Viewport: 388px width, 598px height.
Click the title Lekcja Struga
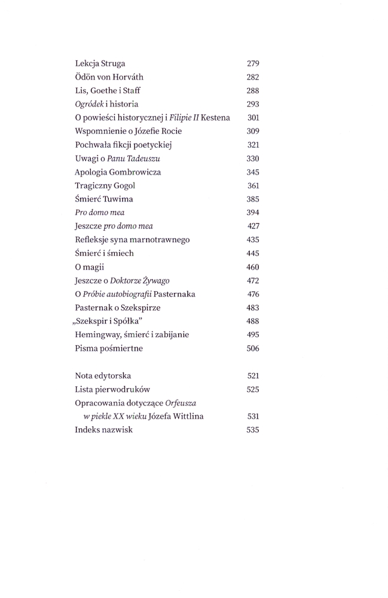(x=100, y=63)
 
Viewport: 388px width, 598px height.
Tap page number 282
(x=252, y=77)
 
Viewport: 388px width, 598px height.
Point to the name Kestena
(x=215, y=118)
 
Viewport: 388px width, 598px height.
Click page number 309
(x=252, y=131)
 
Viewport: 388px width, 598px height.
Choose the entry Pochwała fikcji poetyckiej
(x=123, y=145)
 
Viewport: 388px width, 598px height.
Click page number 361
(x=252, y=185)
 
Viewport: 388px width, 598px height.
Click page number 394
(x=252, y=212)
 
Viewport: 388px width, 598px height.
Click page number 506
(x=252, y=348)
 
